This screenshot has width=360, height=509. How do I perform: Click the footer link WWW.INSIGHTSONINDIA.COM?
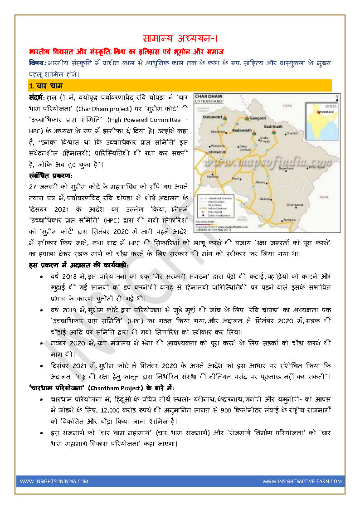[x=54, y=481]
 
